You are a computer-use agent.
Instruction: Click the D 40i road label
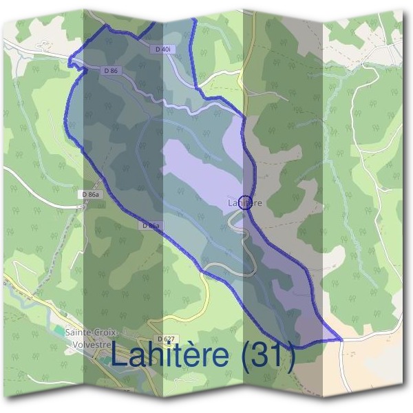coord(162,50)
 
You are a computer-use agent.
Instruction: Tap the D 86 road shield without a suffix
coord(110,71)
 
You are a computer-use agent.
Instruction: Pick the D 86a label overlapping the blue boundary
coord(151,226)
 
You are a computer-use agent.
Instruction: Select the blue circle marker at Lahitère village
coord(248,202)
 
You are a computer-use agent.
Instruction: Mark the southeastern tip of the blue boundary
coord(341,339)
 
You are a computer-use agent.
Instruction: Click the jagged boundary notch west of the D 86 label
coord(71,61)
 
